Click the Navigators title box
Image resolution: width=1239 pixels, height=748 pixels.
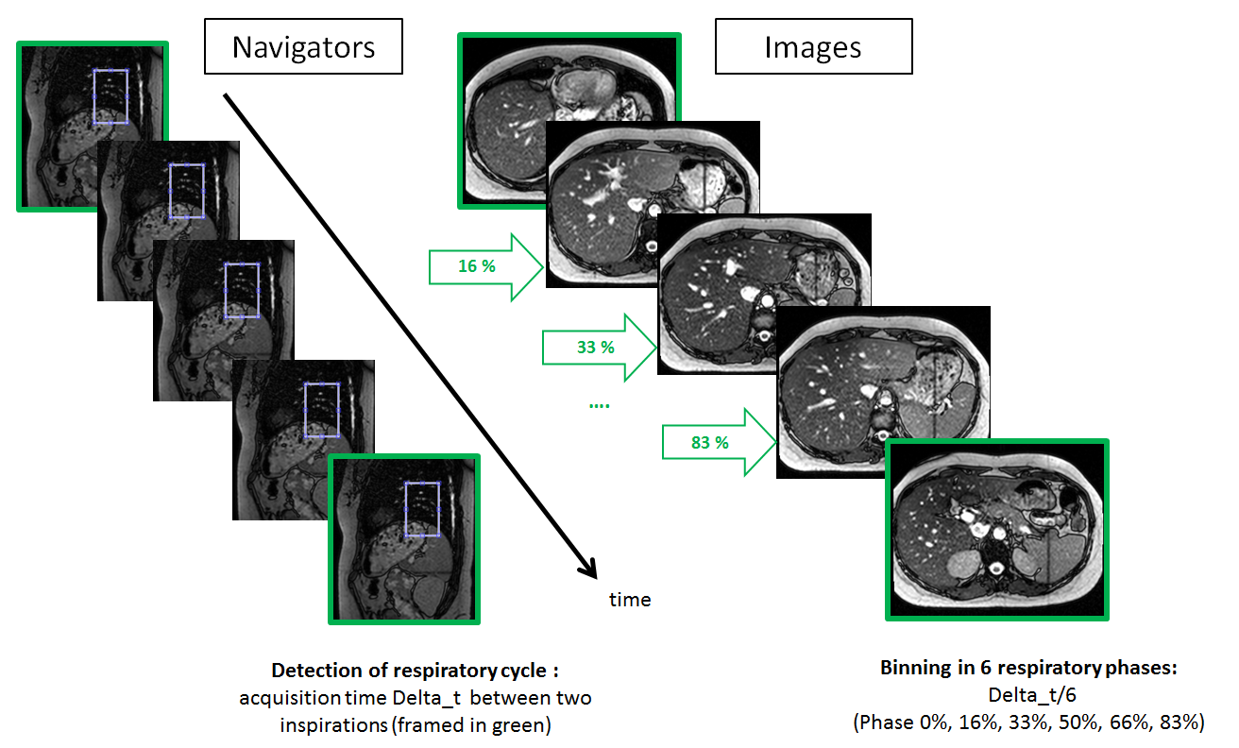(x=303, y=47)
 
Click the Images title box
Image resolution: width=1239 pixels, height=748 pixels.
(x=813, y=47)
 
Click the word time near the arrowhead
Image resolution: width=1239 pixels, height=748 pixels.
(x=630, y=600)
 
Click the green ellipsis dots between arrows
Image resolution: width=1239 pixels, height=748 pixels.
(x=599, y=404)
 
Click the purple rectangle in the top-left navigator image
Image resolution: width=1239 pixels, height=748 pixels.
(x=110, y=96)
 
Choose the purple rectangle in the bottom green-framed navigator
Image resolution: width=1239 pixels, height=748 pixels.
(x=422, y=509)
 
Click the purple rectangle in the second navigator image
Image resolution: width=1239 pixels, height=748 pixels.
(x=186, y=191)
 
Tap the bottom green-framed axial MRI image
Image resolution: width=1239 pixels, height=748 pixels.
(x=996, y=529)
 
